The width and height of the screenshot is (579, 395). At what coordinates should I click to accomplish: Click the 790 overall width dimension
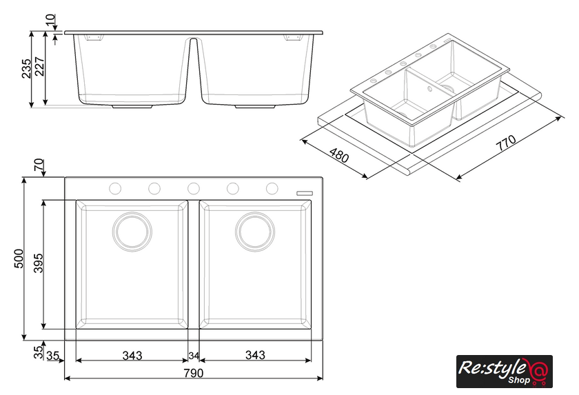coord(194,373)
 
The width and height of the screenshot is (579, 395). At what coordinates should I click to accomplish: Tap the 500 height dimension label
coord(19,259)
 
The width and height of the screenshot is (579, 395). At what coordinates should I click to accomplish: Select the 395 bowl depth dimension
coord(39,263)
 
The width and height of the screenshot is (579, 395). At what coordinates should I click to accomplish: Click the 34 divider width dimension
coord(194,356)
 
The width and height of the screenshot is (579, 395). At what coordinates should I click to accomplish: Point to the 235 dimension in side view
coord(27,68)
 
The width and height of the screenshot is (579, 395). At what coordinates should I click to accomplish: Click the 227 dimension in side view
coord(39,66)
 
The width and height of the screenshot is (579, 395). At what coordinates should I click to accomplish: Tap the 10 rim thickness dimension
coord(50,19)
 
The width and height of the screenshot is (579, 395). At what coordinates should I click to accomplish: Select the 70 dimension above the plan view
coord(39,165)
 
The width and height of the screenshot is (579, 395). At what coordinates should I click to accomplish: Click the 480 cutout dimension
coord(338,155)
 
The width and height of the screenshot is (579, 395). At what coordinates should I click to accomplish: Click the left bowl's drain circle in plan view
coord(132,232)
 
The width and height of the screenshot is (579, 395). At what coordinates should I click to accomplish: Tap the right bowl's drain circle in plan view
coord(255,232)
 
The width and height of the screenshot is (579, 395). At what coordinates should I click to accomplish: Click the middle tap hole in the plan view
coord(194,189)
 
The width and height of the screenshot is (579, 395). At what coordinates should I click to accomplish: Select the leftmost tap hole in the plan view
coord(115,189)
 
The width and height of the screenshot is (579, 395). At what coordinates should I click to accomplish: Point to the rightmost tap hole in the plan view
coord(272,189)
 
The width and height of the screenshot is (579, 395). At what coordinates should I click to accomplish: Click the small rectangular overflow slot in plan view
coord(305,193)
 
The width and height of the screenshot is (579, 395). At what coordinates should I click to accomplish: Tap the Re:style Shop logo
coord(505,372)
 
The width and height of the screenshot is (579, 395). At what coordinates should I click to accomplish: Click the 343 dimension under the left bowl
coord(132,356)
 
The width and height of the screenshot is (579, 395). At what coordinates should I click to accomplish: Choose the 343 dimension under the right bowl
coord(255,356)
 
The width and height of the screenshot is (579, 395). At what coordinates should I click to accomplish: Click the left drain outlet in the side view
coord(132,106)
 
